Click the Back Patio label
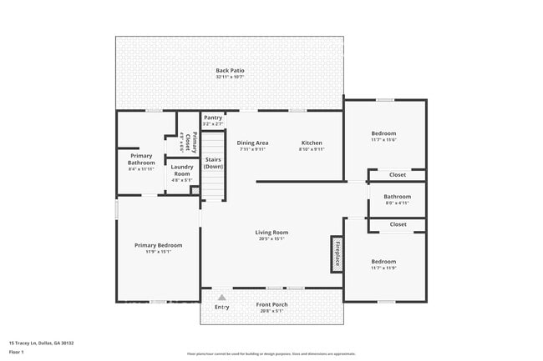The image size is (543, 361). click(x=229, y=70)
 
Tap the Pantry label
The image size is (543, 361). click(x=213, y=118)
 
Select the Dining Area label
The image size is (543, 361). click(x=252, y=143)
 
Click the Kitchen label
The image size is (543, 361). click(x=311, y=143)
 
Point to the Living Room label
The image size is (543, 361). click(x=271, y=232)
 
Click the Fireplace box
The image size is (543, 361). click(x=337, y=253)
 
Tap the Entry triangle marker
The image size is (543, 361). click(x=222, y=297)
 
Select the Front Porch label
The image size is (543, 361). click(x=271, y=304)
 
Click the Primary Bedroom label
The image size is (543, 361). click(x=159, y=245)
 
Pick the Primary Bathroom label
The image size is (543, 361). click(x=141, y=159)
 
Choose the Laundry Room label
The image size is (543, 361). click(x=181, y=170)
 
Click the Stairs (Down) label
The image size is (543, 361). click(x=213, y=163)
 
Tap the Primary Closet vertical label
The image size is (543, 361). click(x=195, y=142)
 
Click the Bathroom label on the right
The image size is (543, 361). click(x=397, y=197)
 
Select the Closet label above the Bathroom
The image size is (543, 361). click(x=398, y=174)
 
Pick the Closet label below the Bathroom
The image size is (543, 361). click(x=398, y=223)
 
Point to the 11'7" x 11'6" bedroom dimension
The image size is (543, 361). click(x=383, y=141)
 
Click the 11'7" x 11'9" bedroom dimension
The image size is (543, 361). click(x=383, y=268)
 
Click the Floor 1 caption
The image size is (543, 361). click(x=17, y=353)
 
